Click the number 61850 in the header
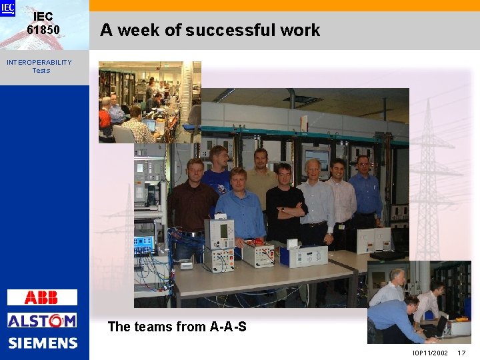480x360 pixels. coord(43,29)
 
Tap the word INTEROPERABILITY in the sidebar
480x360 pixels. coord(39,62)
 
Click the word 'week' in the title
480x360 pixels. coord(149,30)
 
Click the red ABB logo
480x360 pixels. coord(42,297)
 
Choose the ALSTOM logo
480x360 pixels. coord(42,321)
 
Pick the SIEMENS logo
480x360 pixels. coord(43,343)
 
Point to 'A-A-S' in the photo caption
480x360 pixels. coord(228,327)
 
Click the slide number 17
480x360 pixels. coord(461,353)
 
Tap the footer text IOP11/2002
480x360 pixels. coord(430,353)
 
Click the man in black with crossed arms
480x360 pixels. coord(285,203)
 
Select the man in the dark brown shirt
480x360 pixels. coord(193,200)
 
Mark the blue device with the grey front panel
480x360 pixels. coord(303,255)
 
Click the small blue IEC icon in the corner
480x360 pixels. coord(7,7)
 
